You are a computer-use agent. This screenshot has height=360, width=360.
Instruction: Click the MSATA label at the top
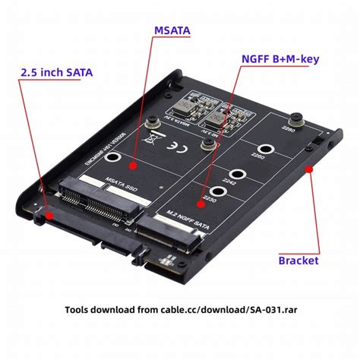click(x=172, y=31)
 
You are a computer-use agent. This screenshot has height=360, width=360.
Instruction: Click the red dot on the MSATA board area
click(x=132, y=163)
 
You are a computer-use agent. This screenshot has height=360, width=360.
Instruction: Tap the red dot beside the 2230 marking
click(x=201, y=202)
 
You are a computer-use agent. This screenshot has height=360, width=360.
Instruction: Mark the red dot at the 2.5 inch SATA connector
click(x=49, y=215)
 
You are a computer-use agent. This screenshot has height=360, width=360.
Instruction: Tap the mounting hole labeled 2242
click(x=236, y=174)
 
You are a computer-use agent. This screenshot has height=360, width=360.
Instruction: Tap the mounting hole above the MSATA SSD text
click(x=113, y=159)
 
